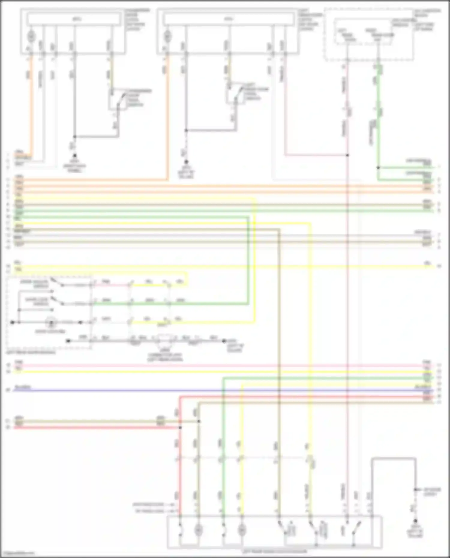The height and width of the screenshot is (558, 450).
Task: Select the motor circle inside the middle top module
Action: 167,37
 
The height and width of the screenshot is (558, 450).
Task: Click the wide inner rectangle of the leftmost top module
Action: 74,19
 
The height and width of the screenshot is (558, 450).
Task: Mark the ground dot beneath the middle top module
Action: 186,161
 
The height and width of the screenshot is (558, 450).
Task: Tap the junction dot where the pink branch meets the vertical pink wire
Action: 347,155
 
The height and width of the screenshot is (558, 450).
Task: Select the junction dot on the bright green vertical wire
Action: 378,168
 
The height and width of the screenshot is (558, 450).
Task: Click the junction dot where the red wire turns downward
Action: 180,427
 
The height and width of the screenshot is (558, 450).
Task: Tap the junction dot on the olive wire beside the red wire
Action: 198,422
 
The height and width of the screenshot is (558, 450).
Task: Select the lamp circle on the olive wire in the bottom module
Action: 198,530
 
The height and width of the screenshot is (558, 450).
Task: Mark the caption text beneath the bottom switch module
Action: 274,551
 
